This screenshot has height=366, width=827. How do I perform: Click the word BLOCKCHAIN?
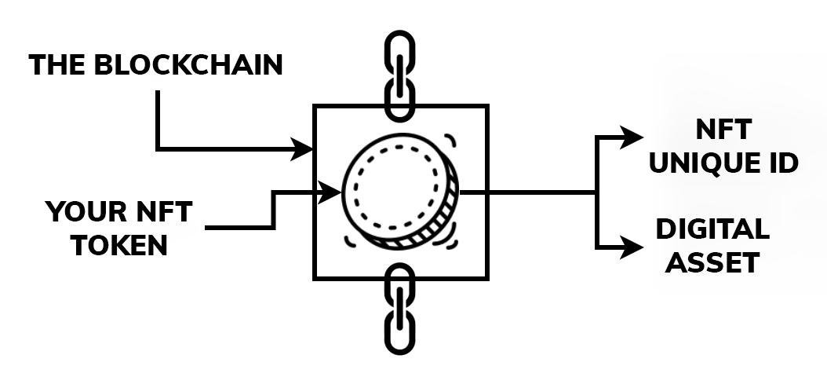click(188, 65)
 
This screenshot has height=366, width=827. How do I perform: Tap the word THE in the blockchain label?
click(57, 65)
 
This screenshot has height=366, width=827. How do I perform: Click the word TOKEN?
click(119, 246)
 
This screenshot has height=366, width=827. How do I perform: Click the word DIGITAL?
click(712, 229)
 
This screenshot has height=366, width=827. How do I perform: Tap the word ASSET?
click(712, 262)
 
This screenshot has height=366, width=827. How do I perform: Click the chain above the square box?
click(400, 75)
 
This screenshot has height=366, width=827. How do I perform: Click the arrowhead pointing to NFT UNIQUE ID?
click(632, 137)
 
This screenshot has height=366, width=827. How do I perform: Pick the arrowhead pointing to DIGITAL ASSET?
click(632, 248)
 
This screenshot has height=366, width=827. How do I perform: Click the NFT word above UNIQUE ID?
click(723, 130)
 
